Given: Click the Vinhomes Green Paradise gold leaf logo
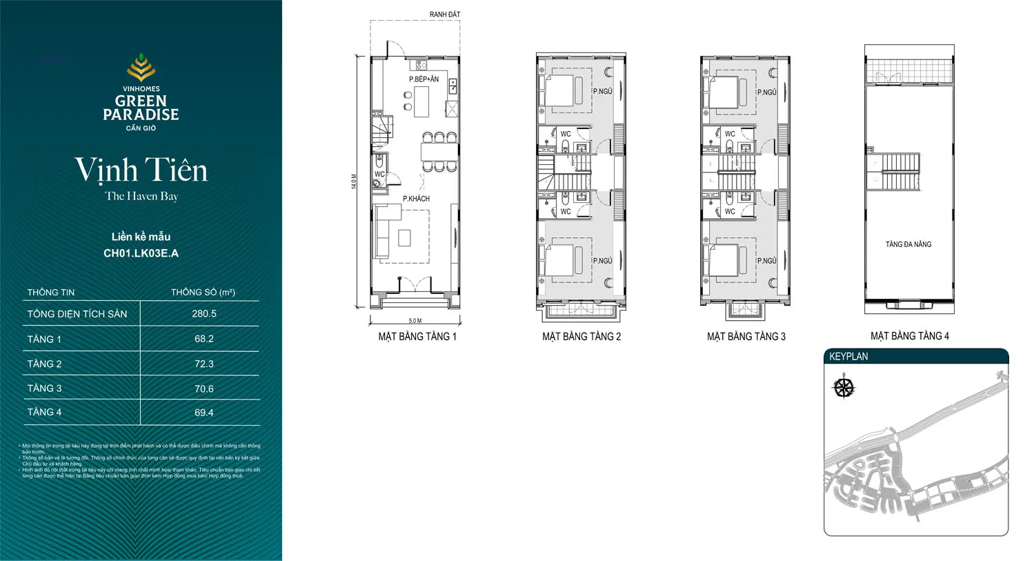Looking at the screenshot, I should coord(141,68).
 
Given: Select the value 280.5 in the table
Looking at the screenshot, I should coord(204,313).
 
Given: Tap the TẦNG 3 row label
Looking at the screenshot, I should coord(44,388).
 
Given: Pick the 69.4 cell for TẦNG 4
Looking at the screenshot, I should coord(204,413).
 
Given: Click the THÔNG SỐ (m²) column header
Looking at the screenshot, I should coord(203,293).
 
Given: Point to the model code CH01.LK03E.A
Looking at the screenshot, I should coord(141,253).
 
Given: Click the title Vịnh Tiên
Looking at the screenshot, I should coord(141,170).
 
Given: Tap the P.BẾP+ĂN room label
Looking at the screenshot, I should coord(424,79).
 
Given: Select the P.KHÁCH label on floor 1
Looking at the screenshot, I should coord(416,199).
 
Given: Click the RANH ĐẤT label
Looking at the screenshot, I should coord(444,14).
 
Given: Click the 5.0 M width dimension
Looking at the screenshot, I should coord(415,321).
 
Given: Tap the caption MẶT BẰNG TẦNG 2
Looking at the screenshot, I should coord(581,337).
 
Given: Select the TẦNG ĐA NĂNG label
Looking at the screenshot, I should coord(908,244).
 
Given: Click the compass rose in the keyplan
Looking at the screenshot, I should coord(844,387).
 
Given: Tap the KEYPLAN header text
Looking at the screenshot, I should coord(848,357).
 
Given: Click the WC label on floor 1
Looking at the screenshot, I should coord(379,175).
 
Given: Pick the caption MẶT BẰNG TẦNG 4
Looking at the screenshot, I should coord(909,336).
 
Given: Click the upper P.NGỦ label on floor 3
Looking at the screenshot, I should coord(766,92).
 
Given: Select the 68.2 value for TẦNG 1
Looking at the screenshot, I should coord(204,339).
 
